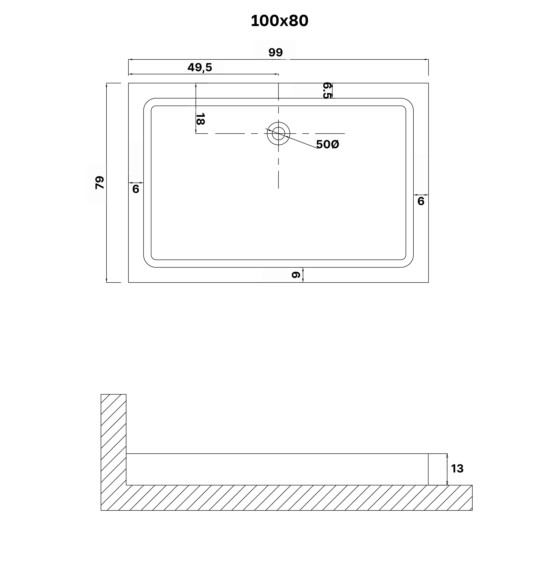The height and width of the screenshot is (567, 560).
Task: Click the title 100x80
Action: point(279,21)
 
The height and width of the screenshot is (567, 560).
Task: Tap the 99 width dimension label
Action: point(276,53)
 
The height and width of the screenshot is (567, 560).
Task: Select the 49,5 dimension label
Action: point(200,68)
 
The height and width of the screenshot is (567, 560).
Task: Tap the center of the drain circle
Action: point(278,134)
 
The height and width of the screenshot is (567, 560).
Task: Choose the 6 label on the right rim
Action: point(421,201)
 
